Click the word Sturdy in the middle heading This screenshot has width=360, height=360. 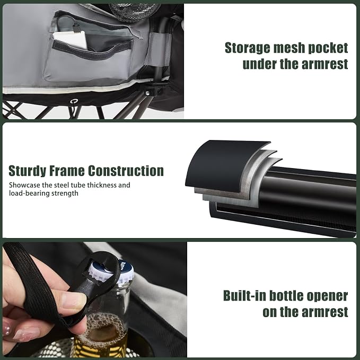[27, 171]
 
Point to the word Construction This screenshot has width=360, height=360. [126, 171]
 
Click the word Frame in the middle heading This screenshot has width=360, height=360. [67, 171]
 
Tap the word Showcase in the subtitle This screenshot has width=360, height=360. [24, 185]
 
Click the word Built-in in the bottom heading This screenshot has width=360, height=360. [245, 295]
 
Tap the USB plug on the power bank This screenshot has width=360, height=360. [76, 28]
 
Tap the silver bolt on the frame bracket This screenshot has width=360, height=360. [147, 93]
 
